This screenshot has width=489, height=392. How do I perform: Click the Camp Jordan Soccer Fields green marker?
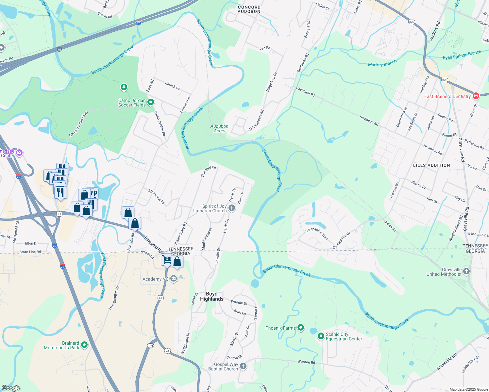coord(151,102)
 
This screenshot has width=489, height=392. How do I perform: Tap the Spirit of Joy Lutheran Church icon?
coord(232,208)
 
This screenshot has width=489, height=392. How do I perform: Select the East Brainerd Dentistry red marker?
coord(476,96)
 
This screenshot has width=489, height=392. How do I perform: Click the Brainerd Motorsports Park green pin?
coord(84,345)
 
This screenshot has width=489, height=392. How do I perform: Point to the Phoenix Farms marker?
coord(301,327)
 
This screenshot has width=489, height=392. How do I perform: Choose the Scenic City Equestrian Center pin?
coord(321,336)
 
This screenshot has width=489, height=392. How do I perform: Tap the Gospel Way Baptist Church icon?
coord(243,366)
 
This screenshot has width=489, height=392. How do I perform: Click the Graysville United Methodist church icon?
coord(466,271)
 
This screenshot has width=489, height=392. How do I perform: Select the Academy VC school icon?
coord(174,279)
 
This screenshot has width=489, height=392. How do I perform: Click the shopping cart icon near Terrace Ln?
coord(167,260)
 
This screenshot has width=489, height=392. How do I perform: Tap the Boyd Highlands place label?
coord(212,296)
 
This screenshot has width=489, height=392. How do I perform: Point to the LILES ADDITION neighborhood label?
coord(431,165)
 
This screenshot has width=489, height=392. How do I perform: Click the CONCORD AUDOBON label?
coord(249,9)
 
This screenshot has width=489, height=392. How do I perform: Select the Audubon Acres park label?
coord(219,128)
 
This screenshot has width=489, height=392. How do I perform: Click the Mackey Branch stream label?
coord(382,63)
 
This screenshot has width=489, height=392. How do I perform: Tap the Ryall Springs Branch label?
coord(462,55)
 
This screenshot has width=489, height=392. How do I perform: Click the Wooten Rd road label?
coord(306,362)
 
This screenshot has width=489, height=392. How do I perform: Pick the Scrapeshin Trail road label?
coord(316,234)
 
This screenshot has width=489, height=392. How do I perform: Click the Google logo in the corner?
coord(11,388)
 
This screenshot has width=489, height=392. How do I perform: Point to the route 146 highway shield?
coord(150,345)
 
